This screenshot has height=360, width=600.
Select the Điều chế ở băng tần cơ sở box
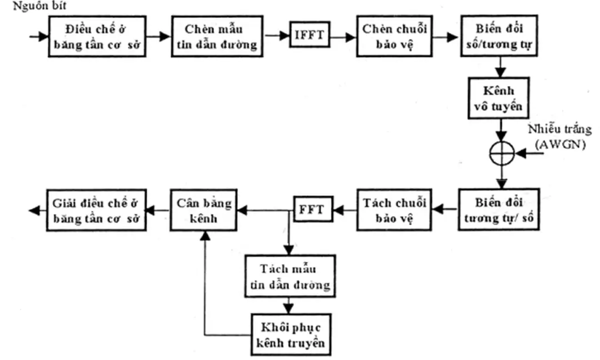pyautogui.click(x=97, y=37)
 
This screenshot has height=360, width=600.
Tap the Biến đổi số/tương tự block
pyautogui.click(x=499, y=37)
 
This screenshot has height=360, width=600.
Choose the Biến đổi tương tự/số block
pyautogui.click(x=499, y=209)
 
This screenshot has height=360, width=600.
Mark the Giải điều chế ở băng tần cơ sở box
pyautogui.click(x=97, y=209)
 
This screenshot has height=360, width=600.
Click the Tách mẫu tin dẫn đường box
pyautogui.click(x=289, y=276)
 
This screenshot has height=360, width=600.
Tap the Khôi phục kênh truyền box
pyautogui.click(x=289, y=333)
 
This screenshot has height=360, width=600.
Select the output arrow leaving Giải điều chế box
pyautogui.click(x=36, y=210)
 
